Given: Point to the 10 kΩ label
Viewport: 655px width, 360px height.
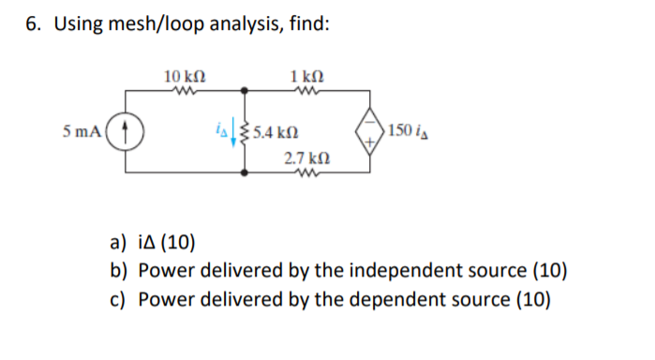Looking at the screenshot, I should (x=185, y=73).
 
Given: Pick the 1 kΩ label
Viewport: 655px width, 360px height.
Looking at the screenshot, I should (x=306, y=73).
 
